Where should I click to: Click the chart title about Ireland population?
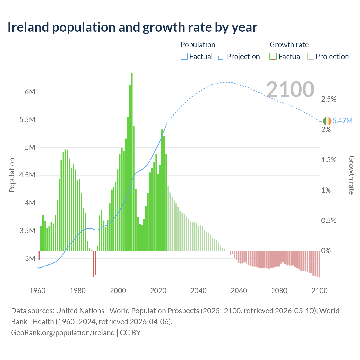(132, 27)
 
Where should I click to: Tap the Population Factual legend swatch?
(184, 57)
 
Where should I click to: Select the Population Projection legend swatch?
(222, 57)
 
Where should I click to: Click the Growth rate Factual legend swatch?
(273, 57)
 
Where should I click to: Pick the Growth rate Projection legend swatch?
(311, 57)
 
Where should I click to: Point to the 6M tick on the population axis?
(30, 92)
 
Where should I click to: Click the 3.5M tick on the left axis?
(27, 231)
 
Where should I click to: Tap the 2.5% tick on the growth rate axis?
(329, 99)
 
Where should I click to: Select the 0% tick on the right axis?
(326, 251)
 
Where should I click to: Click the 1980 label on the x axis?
(78, 291)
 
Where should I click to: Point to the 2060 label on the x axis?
(239, 291)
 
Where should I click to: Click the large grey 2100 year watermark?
(290, 89)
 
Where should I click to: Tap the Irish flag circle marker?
(327, 121)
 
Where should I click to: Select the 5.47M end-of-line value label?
(342, 121)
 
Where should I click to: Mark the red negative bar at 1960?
(39, 255)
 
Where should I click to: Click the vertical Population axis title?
(12, 175)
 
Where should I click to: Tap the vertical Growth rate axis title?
(351, 175)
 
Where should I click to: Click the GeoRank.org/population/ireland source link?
(63, 332)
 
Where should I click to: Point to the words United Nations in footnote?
(80, 311)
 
